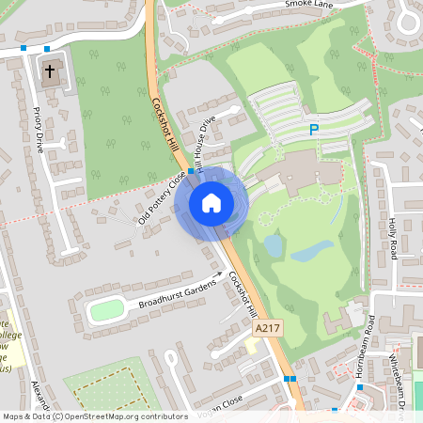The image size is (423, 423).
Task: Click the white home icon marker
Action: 211,202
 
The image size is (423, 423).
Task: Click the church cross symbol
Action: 50,71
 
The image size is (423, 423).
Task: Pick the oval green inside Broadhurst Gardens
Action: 107,309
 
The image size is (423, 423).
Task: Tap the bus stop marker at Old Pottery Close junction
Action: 191,172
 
